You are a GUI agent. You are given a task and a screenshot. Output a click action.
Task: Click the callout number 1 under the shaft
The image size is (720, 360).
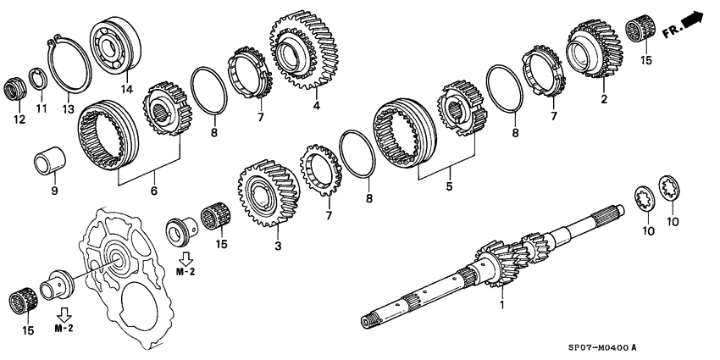pos(503,302)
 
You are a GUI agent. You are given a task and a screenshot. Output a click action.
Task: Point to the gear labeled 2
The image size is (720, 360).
pos(598,51)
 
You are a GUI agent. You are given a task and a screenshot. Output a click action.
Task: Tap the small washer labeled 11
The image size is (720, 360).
pos(37,79)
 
